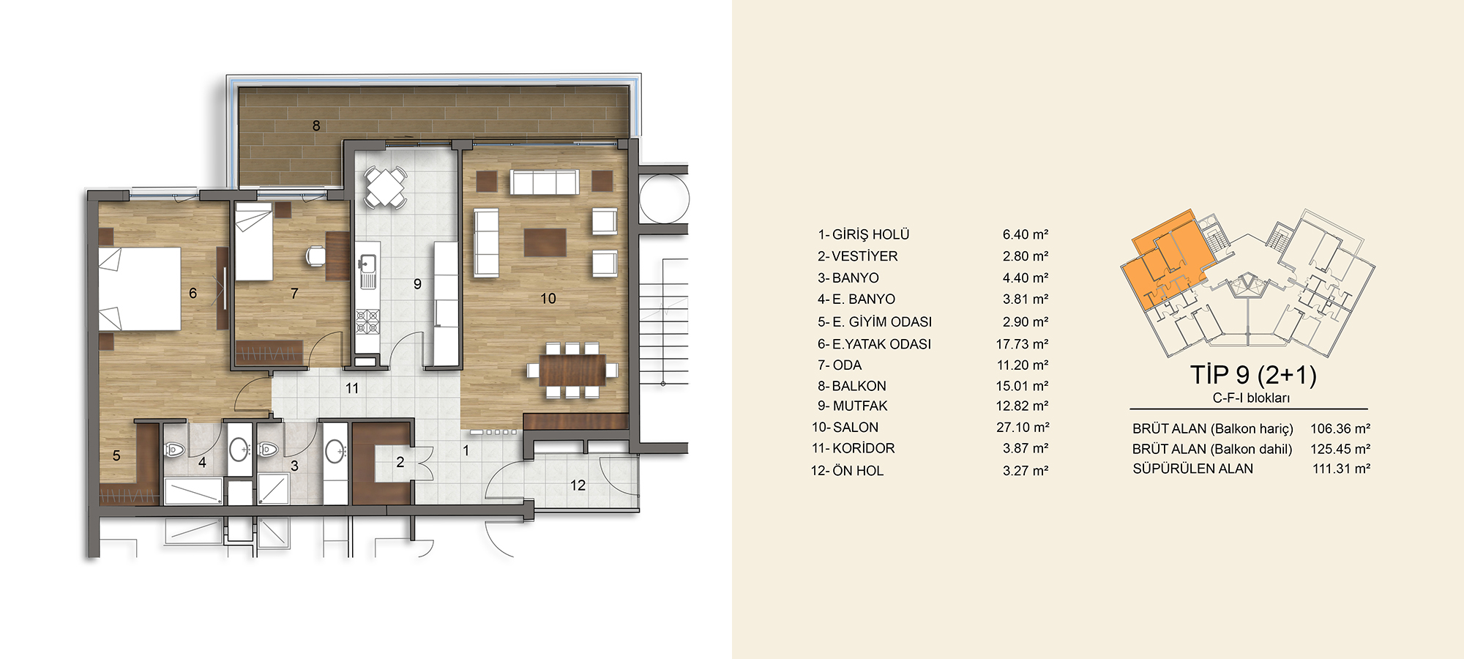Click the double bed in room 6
(140, 288)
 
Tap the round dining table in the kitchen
(385, 187)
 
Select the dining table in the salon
(572, 370)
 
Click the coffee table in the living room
(545, 242)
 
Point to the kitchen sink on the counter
(367, 263)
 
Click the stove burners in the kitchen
(367, 321)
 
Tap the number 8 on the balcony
(316, 125)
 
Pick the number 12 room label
(578, 485)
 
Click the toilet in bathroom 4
(173, 450)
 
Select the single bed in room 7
(253, 242)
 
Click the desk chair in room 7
(315, 255)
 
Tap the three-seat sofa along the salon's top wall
(545, 182)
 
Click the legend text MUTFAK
(859, 406)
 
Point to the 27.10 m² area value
(1023, 427)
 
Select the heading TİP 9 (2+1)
(1253, 375)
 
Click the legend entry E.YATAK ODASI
(881, 344)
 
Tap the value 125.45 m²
(1340, 449)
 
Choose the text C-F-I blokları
(1251, 398)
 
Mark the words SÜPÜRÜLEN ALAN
(1192, 469)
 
